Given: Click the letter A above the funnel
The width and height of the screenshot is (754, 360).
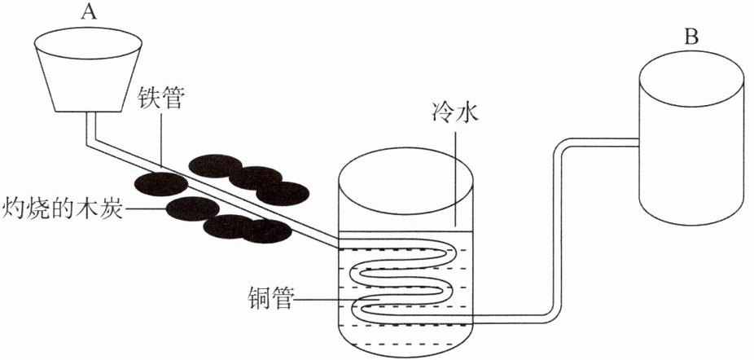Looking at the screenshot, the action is pyautogui.click(x=88, y=12).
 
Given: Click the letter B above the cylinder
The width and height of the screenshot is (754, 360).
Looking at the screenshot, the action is pyautogui.click(x=691, y=37).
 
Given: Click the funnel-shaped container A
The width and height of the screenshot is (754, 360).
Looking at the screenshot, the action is pyautogui.click(x=88, y=69).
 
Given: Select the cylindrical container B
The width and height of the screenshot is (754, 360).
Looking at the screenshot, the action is pyautogui.click(x=691, y=138).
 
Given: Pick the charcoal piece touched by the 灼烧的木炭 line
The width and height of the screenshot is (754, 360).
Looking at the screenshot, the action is pyautogui.click(x=192, y=209).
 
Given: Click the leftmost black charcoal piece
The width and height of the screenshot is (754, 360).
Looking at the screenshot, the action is pyautogui.click(x=160, y=184).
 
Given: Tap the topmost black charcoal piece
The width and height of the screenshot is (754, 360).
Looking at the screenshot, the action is pyautogui.click(x=215, y=166).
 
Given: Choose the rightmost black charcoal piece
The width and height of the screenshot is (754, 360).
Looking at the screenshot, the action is pyautogui.click(x=283, y=194).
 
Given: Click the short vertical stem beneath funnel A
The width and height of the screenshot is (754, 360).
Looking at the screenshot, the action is pyautogui.click(x=90, y=127).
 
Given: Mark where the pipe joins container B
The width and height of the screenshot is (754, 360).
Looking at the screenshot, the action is pyautogui.click(x=638, y=143).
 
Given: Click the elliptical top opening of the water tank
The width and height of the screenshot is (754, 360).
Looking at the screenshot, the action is pyautogui.click(x=405, y=182).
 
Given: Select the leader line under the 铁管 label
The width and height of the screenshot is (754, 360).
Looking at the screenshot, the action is pyautogui.click(x=160, y=138).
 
